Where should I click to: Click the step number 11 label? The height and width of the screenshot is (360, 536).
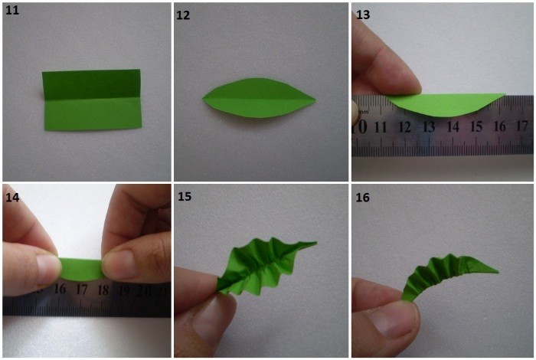pyautogui.click(x=12, y=10)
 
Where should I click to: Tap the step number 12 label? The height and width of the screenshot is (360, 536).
pyautogui.click(x=183, y=15)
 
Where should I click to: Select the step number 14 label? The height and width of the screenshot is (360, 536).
pyautogui.click(x=12, y=198)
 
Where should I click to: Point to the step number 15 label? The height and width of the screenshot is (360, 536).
pyautogui.click(x=185, y=197)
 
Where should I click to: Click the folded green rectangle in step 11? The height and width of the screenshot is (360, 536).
pyautogui.click(x=92, y=100)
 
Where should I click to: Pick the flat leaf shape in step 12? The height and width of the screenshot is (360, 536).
pyautogui.click(x=259, y=98)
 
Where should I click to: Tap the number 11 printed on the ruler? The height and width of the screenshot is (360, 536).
pyautogui.click(x=381, y=127)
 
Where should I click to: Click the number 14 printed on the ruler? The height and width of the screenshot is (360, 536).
pyautogui.click(x=453, y=127)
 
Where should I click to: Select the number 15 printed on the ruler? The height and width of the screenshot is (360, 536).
pyautogui.click(x=476, y=126)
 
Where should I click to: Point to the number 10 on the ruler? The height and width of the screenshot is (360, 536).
pyautogui.click(x=360, y=127)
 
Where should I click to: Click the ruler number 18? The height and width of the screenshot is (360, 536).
pyautogui.click(x=103, y=290)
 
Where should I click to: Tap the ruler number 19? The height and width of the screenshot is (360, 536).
pyautogui.click(x=124, y=290)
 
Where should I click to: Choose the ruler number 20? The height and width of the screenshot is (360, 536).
pyautogui.click(x=144, y=291)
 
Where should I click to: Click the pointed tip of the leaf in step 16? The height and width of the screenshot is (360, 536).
pyautogui.click(x=498, y=272)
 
